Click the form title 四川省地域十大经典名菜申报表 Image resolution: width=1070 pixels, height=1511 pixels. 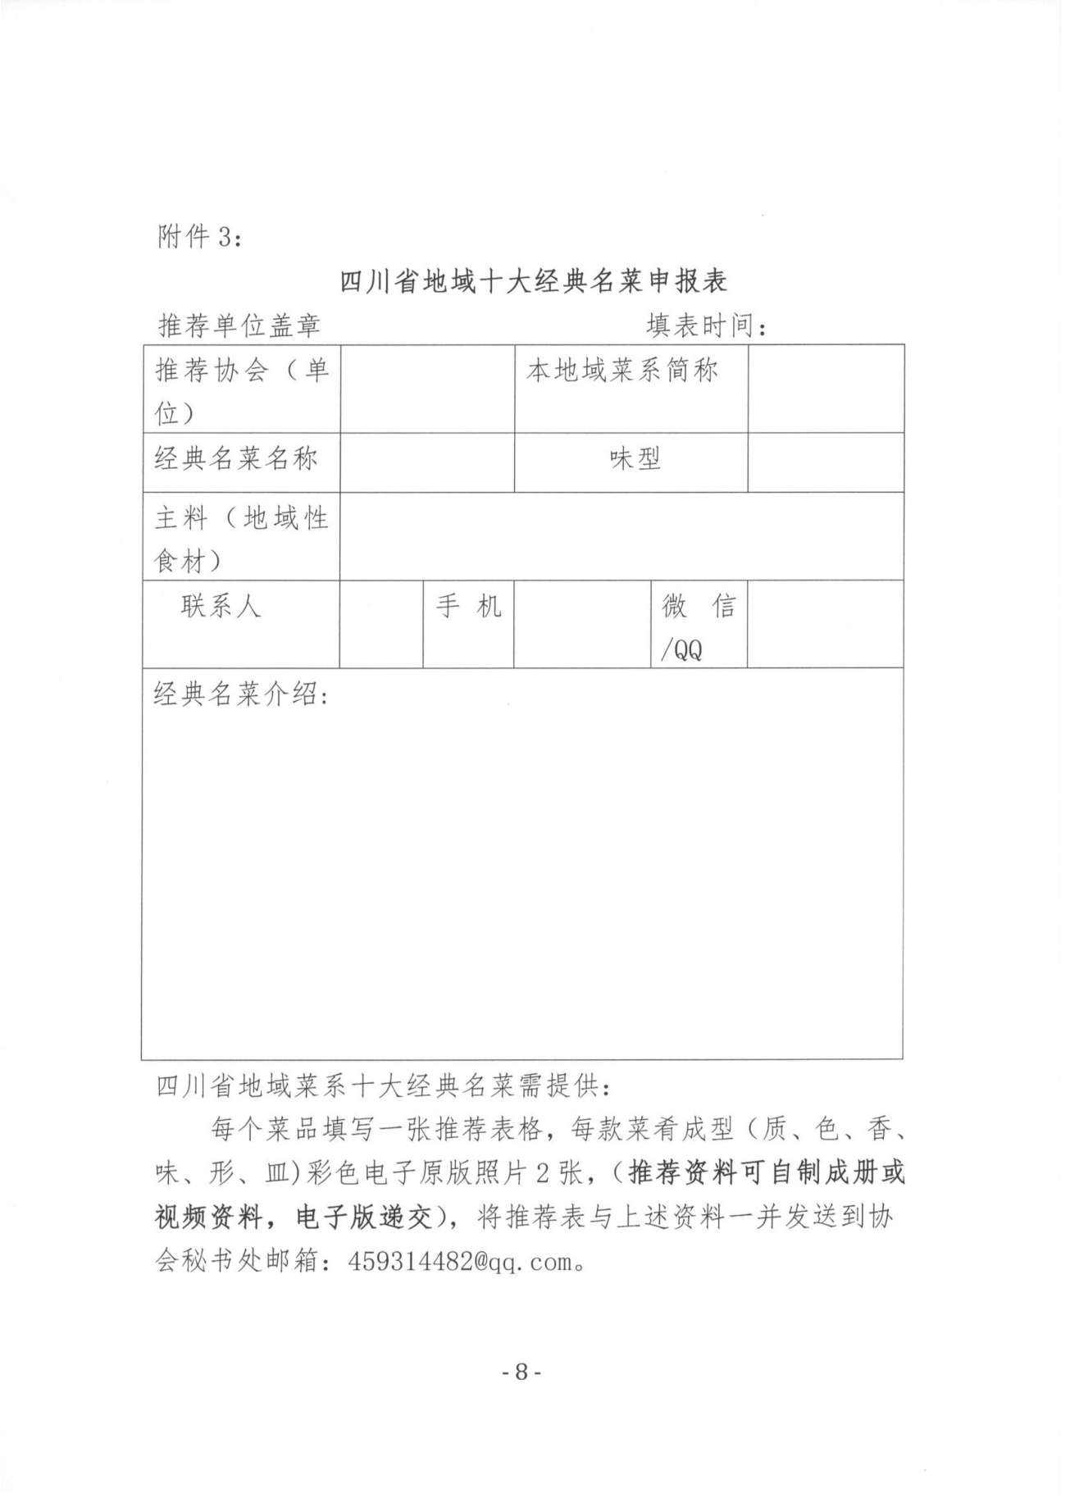click(x=534, y=282)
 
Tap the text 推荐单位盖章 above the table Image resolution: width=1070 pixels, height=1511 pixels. click(x=239, y=326)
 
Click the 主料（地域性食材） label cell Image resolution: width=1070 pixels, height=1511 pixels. click(x=242, y=539)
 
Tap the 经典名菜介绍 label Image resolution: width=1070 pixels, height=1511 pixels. click(x=242, y=695)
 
